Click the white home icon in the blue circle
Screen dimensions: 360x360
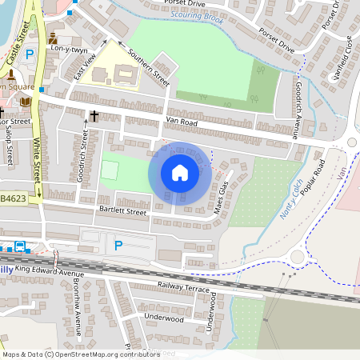pyautogui.click(x=180, y=173)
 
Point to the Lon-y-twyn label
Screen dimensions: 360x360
pyautogui.click(x=70, y=50)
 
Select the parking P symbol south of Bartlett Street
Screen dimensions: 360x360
pyautogui.click(x=118, y=245)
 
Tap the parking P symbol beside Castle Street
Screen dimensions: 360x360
pyautogui.click(x=30, y=54)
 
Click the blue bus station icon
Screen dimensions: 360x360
pyautogui.click(x=18, y=247)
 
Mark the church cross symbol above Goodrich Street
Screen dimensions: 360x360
pyautogui.click(x=94, y=116)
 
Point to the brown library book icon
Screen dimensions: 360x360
pyautogui.click(x=26, y=102)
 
